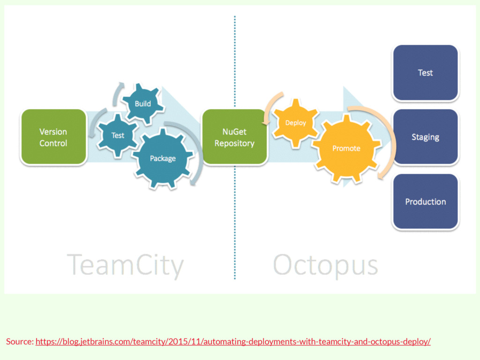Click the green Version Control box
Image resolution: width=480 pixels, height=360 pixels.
[53, 137]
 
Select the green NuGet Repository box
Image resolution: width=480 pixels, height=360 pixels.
[234, 137]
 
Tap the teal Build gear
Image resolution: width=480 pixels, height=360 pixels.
[142, 104]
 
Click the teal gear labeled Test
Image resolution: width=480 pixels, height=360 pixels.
[117, 135]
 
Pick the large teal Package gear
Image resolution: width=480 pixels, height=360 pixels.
[163, 158]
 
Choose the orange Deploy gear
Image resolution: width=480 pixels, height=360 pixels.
[295, 123]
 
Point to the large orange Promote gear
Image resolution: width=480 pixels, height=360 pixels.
[346, 148]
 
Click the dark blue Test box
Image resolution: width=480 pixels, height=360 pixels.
[425, 73]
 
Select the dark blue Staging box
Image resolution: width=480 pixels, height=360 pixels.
[425, 137]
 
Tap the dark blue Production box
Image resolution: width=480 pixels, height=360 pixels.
[425, 202]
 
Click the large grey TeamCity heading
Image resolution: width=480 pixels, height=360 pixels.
[125, 265]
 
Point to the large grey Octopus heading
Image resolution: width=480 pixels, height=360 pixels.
[325, 265]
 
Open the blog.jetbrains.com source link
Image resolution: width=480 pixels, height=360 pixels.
[233, 341]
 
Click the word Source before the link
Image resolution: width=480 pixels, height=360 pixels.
[19, 341]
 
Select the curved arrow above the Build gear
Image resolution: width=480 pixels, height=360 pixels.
[116, 94]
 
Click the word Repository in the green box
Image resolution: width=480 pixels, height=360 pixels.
[234, 143]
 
